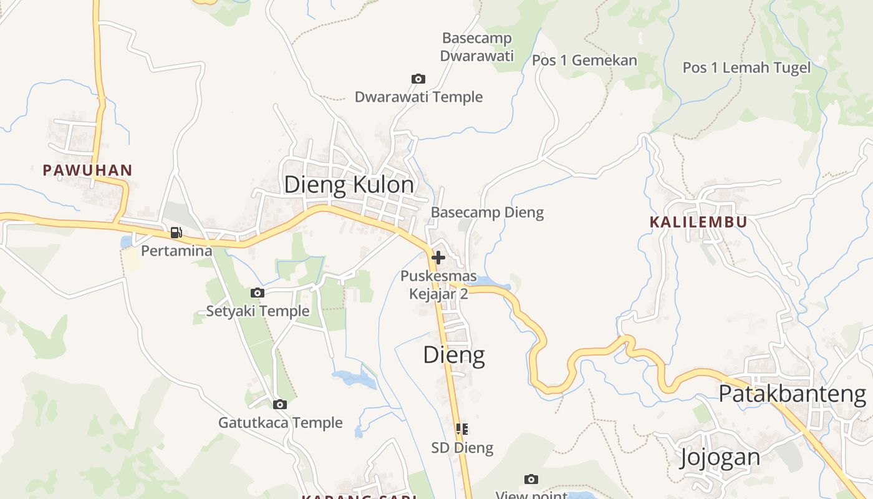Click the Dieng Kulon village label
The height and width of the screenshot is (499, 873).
[x=349, y=185]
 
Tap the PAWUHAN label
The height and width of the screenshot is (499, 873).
[x=87, y=170]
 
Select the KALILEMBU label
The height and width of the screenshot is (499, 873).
[x=698, y=222]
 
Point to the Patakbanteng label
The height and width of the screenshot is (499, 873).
[x=792, y=394]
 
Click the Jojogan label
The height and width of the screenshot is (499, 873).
[x=720, y=457]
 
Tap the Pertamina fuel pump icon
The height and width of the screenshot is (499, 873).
[x=176, y=233]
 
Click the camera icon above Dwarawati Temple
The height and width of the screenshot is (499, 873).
[x=418, y=79]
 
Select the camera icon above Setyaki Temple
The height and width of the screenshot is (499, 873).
[x=258, y=293]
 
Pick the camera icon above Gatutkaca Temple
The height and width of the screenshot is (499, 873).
[x=280, y=404]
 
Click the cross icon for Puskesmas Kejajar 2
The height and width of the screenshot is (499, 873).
[x=438, y=257]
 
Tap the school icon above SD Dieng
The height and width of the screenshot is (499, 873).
[x=462, y=429]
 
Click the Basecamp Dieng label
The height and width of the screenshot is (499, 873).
[x=487, y=213]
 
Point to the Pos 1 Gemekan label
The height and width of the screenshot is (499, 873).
[x=584, y=61]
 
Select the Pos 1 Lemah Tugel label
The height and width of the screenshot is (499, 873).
[x=746, y=67]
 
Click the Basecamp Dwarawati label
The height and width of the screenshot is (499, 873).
[x=477, y=47]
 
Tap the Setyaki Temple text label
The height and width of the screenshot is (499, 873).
[x=258, y=311]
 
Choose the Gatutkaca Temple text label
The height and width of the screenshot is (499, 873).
[x=280, y=423]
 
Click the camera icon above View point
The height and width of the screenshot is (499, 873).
[x=531, y=479]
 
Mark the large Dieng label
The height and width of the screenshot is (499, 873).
[x=454, y=355]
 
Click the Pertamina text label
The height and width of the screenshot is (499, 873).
[x=176, y=251]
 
